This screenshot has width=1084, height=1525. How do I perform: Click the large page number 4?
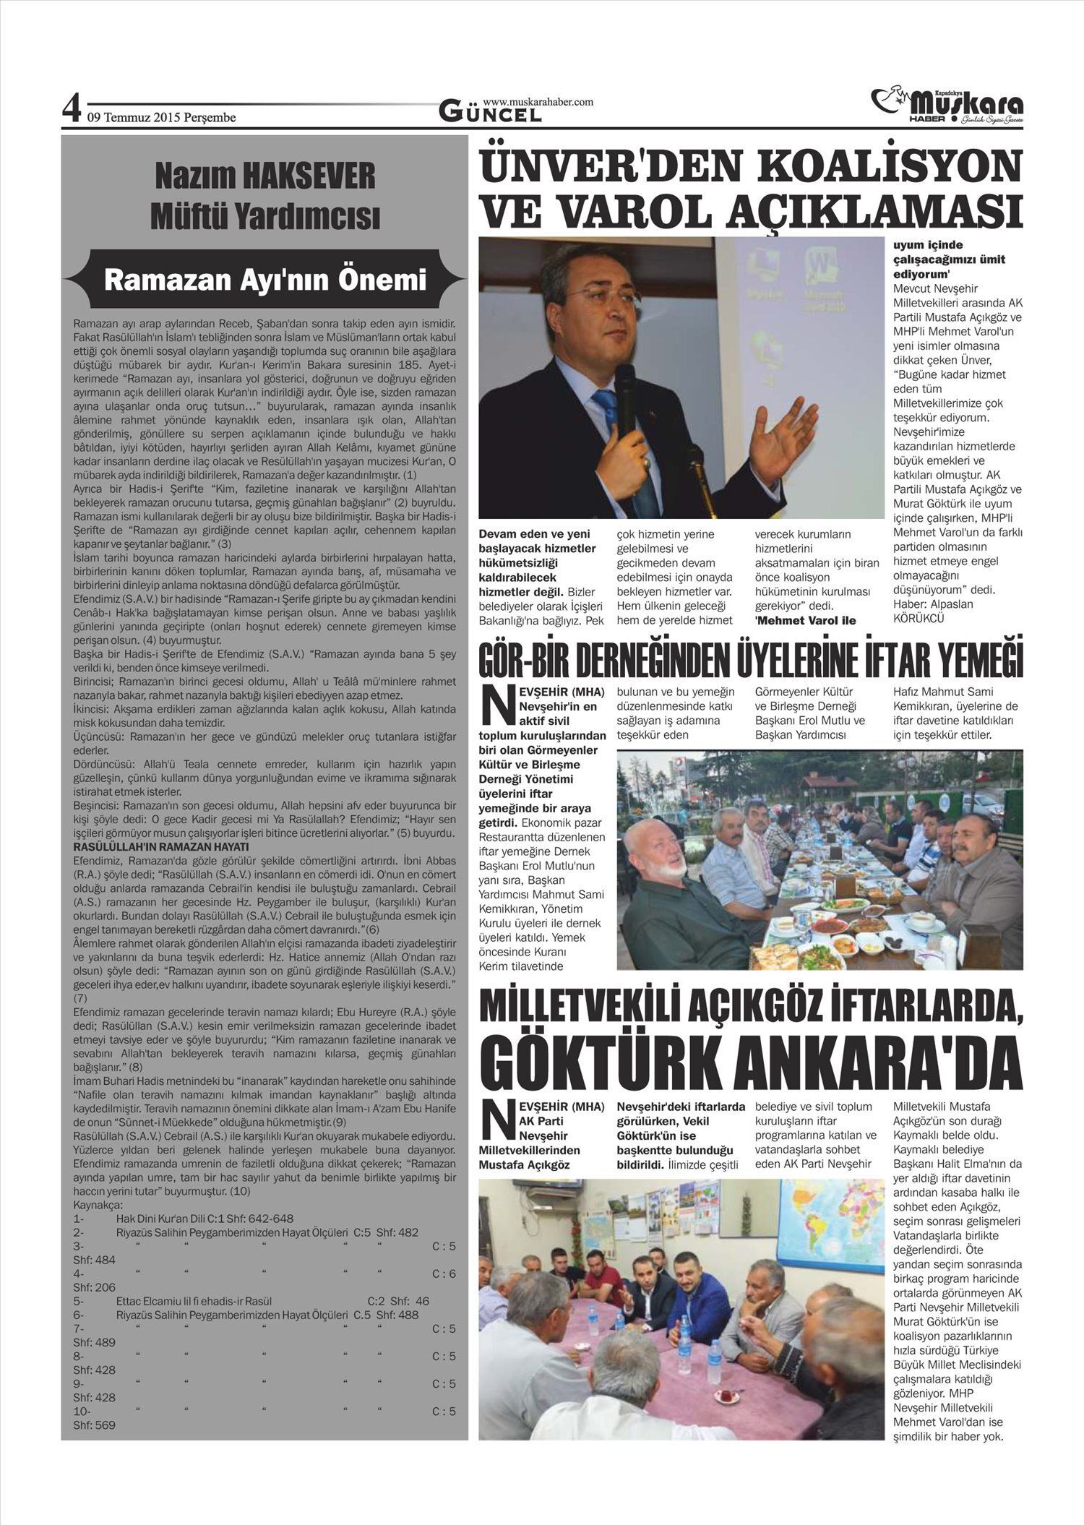pos(71,109)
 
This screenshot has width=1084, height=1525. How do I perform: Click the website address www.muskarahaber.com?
pos(538,102)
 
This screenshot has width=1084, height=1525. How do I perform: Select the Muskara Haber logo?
pos(947,106)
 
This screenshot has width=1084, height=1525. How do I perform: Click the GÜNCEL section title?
pos(491,113)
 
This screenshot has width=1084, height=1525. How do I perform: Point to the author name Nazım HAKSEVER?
pos(265,176)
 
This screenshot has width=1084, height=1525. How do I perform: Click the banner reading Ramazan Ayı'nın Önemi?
pos(265,280)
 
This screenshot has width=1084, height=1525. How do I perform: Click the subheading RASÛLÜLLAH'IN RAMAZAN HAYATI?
pos(161,846)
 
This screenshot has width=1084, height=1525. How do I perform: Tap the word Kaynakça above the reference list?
pos(98,1206)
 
